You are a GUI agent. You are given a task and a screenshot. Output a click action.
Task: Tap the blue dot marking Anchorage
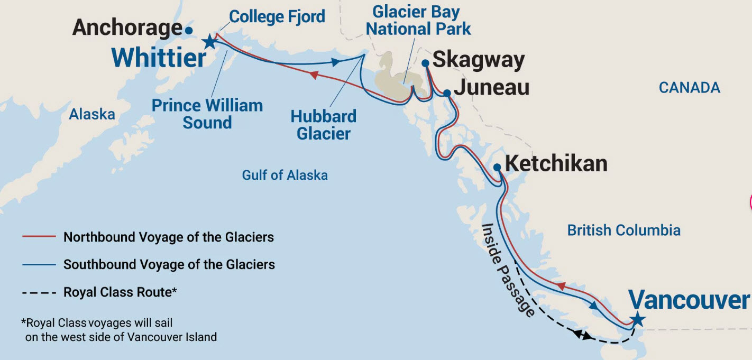point(189,30)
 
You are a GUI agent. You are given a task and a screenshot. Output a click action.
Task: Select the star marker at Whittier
point(210,41)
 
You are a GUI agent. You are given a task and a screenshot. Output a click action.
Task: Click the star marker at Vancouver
point(638,319)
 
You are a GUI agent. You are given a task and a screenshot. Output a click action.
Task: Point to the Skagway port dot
point(425,63)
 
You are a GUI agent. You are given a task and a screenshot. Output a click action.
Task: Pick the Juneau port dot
point(447,93)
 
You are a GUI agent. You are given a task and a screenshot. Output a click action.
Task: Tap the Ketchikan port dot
point(497,167)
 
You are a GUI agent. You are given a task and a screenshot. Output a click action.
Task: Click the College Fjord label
point(278,16)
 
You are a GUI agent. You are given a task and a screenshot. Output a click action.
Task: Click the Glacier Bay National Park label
point(418,20)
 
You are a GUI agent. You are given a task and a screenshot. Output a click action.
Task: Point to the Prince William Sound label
point(207,114)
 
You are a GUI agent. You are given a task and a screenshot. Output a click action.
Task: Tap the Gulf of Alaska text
point(285,175)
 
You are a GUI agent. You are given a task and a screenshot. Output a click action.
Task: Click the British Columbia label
point(623,230)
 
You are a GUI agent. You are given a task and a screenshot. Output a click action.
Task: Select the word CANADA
point(689,87)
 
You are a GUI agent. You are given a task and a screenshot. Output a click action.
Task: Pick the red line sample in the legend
point(39,237)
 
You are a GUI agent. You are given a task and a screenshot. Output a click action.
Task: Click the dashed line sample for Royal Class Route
point(39,292)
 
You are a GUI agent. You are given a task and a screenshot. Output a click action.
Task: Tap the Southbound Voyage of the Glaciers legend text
point(169,264)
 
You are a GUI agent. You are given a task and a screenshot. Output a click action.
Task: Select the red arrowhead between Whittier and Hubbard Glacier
point(313,75)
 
